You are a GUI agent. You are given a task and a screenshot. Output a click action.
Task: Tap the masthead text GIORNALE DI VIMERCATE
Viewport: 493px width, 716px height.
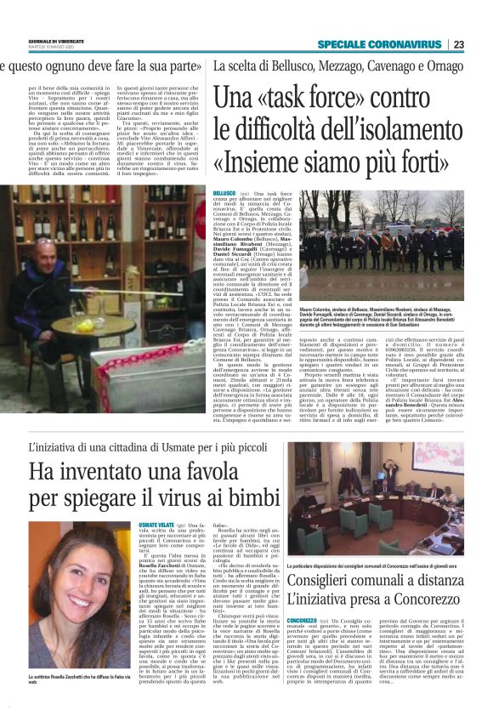(55, 40)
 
